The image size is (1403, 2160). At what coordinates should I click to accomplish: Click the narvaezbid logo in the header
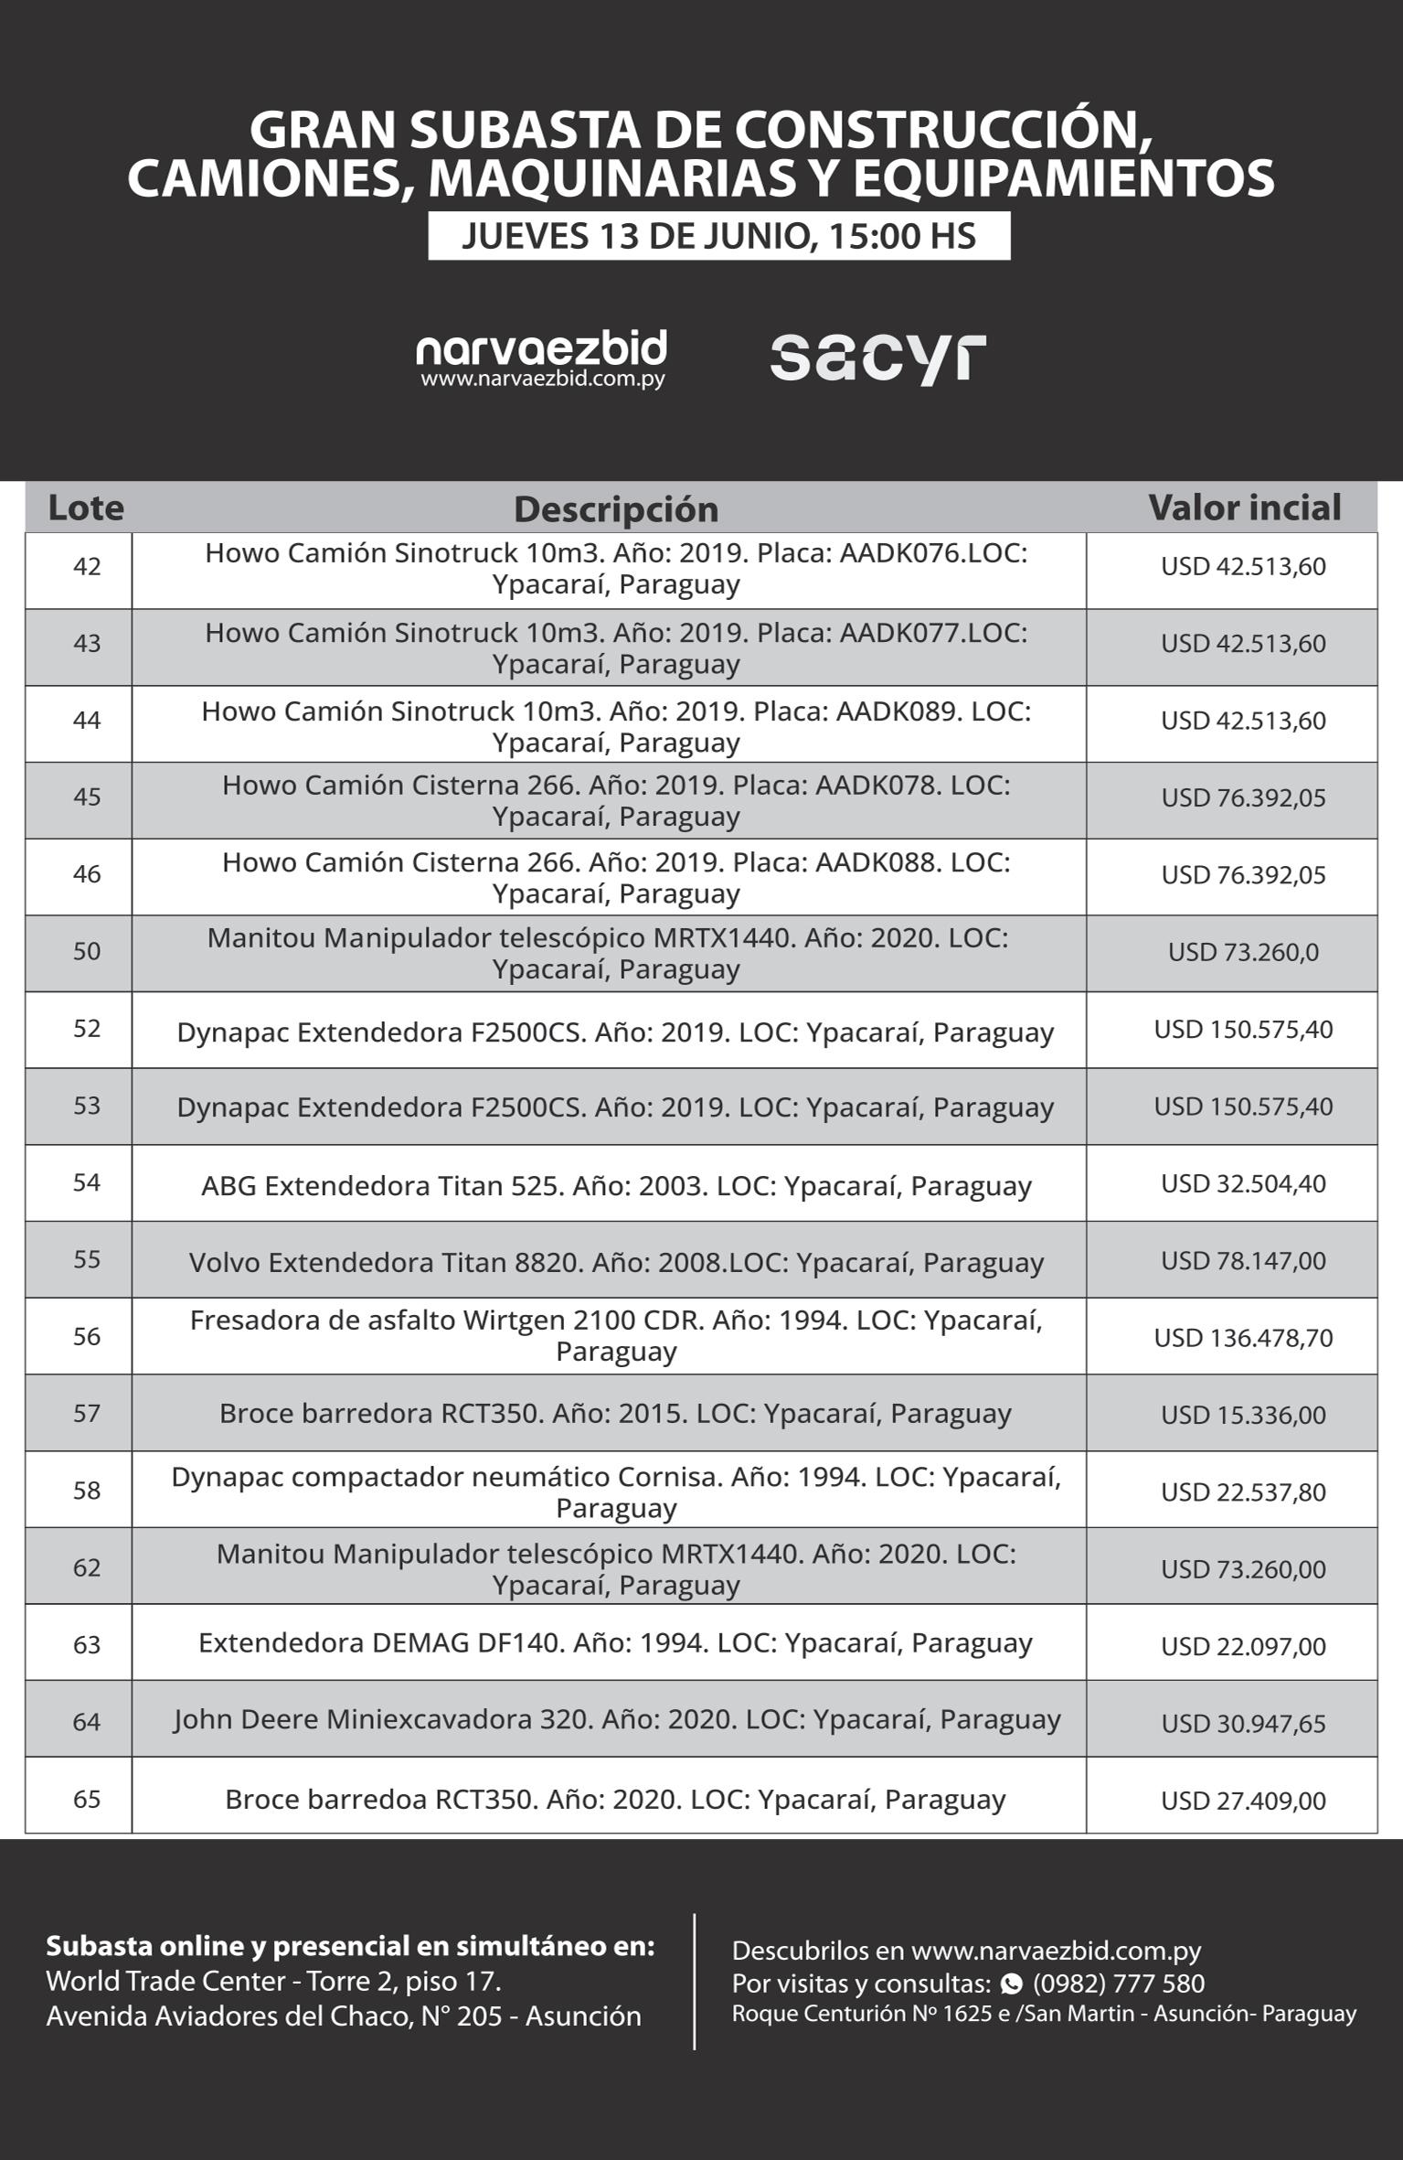click(x=541, y=358)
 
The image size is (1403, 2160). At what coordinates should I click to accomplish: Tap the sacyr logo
click(x=877, y=358)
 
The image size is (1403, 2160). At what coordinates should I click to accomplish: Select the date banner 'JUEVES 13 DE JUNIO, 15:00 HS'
click(x=718, y=236)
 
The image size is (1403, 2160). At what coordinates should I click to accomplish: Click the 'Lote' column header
click(x=86, y=508)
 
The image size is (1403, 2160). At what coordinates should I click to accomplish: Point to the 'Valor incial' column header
click(x=1244, y=508)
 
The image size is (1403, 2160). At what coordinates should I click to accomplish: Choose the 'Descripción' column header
click(x=616, y=509)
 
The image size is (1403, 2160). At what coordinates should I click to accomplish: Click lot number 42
click(x=87, y=567)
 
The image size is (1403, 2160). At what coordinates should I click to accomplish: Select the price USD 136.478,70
click(x=1243, y=1338)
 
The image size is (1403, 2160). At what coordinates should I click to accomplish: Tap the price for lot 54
click(x=1243, y=1183)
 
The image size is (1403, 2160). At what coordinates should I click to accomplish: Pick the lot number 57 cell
click(x=87, y=1414)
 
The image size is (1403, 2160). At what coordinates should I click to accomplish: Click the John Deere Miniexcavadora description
click(x=617, y=1719)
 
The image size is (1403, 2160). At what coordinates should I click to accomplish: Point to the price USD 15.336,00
click(x=1243, y=1415)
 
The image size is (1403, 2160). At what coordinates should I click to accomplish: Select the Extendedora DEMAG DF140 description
click(x=615, y=1642)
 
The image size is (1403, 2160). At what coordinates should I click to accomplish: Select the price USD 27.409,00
click(x=1243, y=1801)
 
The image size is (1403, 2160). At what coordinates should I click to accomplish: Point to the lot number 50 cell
click(x=87, y=952)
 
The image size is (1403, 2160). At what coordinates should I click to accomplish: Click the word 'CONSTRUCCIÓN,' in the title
click(x=943, y=130)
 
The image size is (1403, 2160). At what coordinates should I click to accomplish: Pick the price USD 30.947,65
click(x=1243, y=1724)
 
